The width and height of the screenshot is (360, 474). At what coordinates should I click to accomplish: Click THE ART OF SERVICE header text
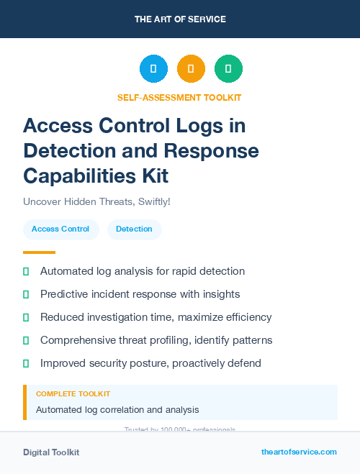coord(180,19)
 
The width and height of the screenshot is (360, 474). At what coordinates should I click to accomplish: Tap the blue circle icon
coord(153,69)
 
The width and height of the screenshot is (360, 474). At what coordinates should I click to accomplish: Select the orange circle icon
coord(191,69)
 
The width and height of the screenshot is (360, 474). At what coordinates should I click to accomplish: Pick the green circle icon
coord(228,69)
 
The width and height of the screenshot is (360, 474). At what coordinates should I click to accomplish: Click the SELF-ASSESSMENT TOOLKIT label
coord(180,97)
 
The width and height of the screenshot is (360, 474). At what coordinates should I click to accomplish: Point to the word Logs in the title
coord(204,126)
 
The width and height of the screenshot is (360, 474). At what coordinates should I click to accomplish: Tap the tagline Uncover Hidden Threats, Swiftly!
coord(97,201)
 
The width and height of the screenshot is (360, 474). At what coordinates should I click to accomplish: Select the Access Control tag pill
coord(60,229)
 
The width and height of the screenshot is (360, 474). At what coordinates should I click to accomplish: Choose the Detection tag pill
coord(134,229)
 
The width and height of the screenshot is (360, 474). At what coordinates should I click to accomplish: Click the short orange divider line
coord(39,252)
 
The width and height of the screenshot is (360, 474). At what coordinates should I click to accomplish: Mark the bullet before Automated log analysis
coord(26,271)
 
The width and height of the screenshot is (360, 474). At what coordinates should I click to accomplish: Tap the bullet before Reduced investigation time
coord(26,317)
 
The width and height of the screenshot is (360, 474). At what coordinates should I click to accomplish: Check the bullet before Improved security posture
coord(26,363)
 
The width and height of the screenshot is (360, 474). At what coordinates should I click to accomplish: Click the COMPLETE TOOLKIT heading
coord(73,394)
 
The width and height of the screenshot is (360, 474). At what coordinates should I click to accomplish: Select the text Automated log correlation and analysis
coord(117,410)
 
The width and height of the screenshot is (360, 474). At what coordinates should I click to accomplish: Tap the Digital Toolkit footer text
coord(51,452)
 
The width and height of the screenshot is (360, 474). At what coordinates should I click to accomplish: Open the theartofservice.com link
coord(299,452)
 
